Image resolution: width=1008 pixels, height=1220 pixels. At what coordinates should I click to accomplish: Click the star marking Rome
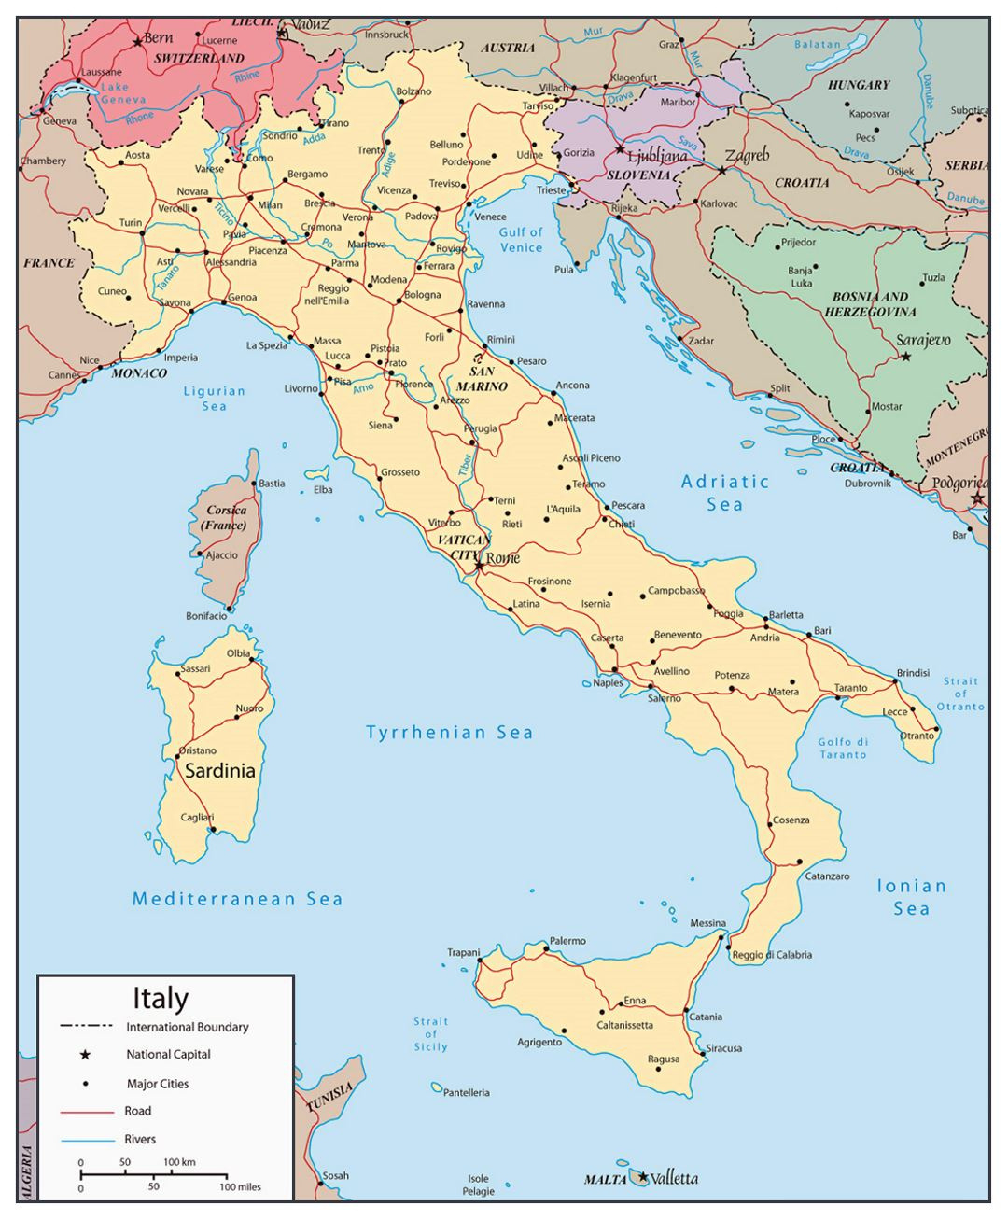click(479, 565)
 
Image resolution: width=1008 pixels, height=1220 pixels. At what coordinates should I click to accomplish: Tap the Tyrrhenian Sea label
click(449, 733)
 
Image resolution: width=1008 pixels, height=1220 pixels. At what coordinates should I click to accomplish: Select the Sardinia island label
click(219, 771)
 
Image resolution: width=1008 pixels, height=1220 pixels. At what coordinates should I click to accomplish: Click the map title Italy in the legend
click(161, 998)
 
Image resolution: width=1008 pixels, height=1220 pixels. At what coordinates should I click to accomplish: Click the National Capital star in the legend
click(85, 1055)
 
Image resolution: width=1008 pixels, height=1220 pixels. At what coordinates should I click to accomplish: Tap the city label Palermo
click(567, 941)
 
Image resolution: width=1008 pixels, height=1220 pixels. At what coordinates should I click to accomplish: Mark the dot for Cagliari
click(214, 829)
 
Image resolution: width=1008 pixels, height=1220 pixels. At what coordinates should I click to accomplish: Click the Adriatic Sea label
click(725, 493)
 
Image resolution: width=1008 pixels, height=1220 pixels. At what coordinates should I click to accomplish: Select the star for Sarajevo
click(905, 357)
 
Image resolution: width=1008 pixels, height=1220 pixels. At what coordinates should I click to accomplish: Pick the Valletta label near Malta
click(674, 1178)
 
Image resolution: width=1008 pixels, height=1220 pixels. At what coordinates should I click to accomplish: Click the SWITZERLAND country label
click(199, 58)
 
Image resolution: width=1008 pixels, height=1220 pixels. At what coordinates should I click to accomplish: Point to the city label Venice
click(490, 217)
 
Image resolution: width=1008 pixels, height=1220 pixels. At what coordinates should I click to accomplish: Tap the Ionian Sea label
click(911, 897)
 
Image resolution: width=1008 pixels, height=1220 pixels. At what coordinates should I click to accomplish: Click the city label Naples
click(608, 682)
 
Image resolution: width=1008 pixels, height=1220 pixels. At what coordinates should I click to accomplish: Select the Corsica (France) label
click(224, 517)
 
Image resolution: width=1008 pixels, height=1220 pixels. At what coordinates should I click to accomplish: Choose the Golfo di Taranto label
click(843, 748)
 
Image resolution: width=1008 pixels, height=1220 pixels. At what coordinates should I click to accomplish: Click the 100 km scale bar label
click(179, 1162)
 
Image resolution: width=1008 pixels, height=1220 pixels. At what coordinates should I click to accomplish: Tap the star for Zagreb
click(721, 171)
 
